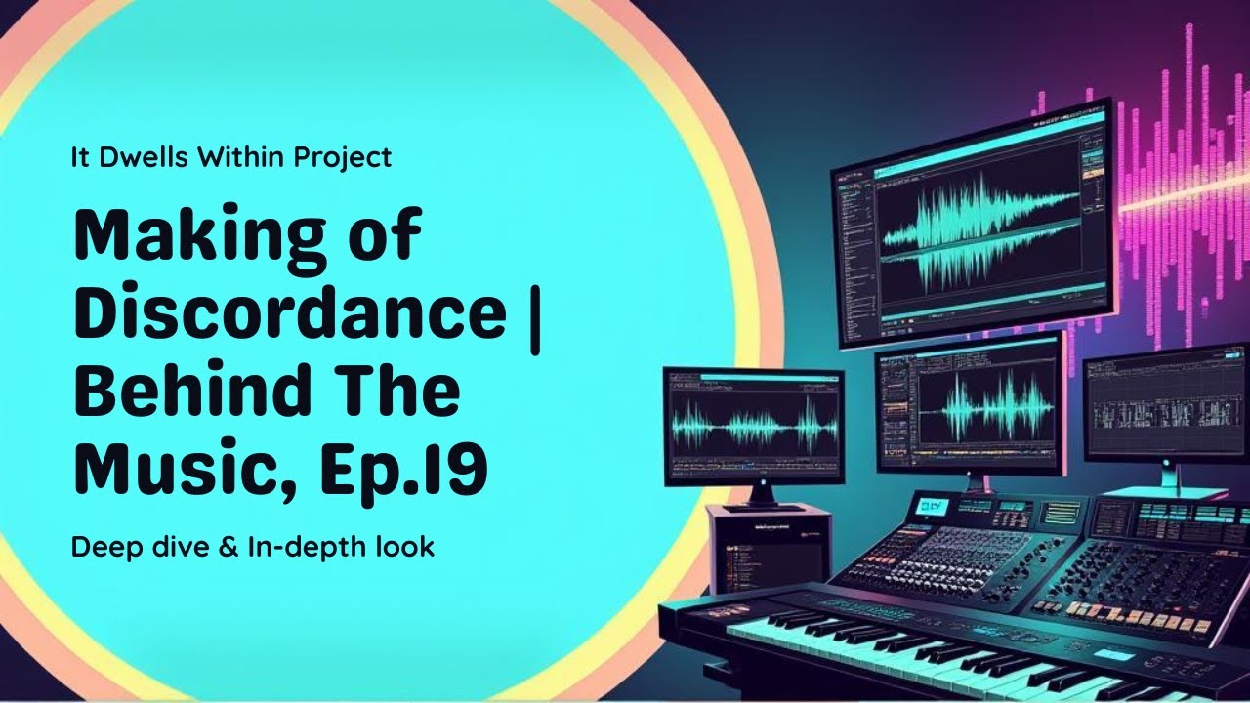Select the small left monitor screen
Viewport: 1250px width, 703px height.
(x=753, y=426)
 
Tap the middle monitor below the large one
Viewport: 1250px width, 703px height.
(x=967, y=400)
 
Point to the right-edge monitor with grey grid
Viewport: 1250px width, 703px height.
(x=1167, y=403)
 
